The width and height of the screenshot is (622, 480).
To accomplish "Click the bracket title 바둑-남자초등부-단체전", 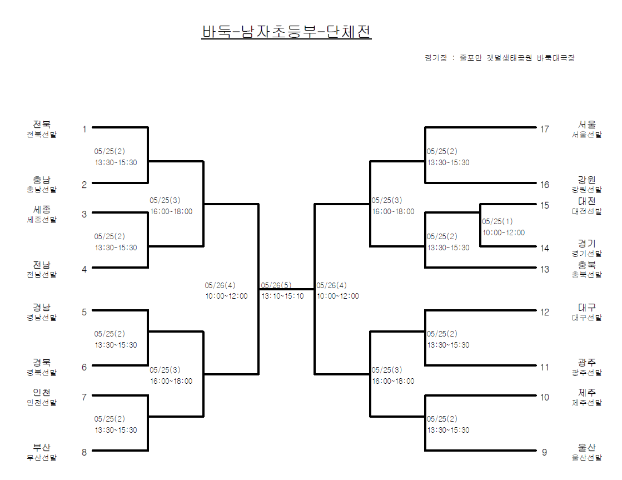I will tap(286, 32).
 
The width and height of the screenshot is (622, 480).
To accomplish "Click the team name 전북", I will tap(42, 124).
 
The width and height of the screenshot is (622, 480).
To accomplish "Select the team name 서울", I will tap(587, 125).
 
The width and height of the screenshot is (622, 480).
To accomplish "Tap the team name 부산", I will tap(42, 448).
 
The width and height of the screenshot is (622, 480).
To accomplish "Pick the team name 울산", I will tap(587, 448).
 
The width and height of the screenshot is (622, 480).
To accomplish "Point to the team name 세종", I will tap(42, 209).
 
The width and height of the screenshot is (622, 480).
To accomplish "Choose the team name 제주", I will tap(587, 393).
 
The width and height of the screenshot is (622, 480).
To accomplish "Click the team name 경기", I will tap(587, 244).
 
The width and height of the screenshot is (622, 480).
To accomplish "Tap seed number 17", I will tap(545, 129).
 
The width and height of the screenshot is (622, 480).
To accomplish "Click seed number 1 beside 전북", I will tap(84, 129).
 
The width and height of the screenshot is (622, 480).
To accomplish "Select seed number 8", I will tap(84, 452).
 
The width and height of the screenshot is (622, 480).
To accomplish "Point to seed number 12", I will tap(545, 312).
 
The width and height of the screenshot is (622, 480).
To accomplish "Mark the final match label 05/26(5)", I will tap(276, 285).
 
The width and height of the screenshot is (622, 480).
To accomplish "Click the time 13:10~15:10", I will tap(283, 296).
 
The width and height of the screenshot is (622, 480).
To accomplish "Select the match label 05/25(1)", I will tap(498, 221).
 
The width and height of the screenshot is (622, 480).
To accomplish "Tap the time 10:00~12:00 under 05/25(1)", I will tap(504, 232).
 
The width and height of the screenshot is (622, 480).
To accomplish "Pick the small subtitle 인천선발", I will tap(42, 403).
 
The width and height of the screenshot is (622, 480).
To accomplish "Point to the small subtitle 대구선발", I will tap(587, 318).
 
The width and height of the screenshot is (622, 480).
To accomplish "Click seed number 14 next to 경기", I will tap(545, 248).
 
